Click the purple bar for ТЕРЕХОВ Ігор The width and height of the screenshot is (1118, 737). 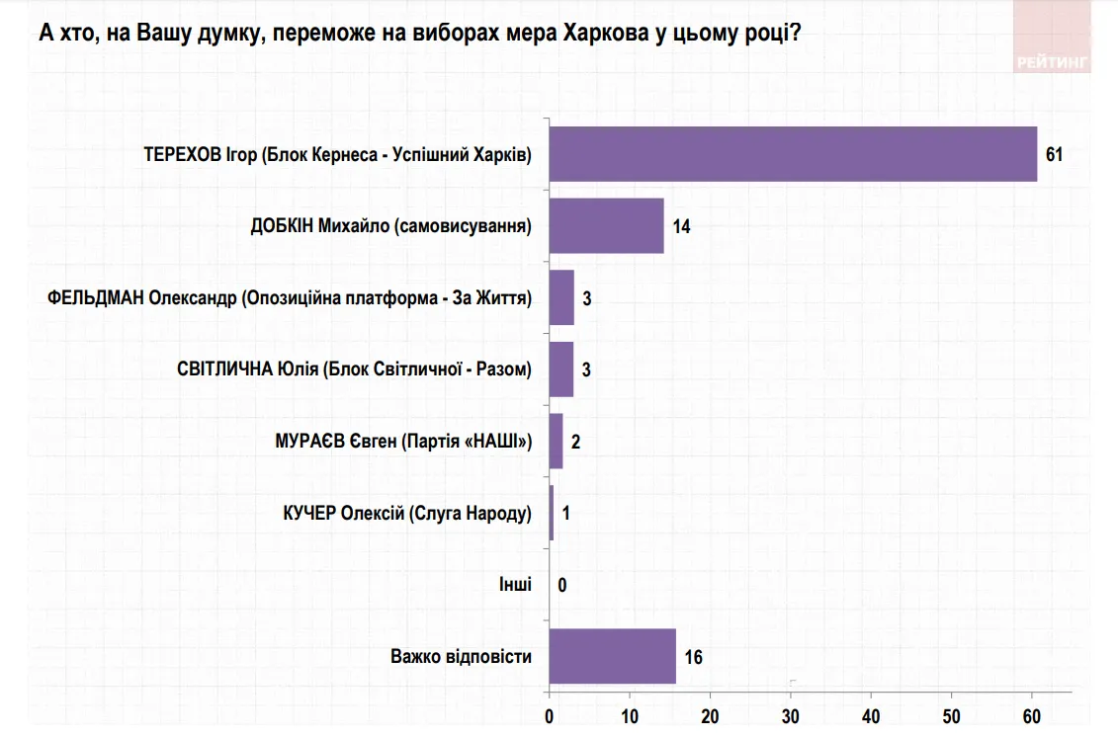(793, 154)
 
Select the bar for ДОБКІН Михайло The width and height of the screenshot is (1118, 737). (606, 226)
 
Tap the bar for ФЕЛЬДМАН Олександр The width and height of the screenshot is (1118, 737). (561, 297)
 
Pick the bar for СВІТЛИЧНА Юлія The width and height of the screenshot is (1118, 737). (561, 369)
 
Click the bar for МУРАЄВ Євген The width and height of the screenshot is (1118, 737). (556, 441)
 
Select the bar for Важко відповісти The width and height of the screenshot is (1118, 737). (612, 656)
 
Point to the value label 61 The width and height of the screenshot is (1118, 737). (1054, 155)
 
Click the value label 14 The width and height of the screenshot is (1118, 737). (680, 226)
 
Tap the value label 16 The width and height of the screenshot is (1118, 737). (693, 657)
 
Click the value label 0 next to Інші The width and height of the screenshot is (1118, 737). (562, 585)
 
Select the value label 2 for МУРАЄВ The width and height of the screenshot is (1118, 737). (575, 442)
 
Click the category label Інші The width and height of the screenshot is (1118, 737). (515, 584)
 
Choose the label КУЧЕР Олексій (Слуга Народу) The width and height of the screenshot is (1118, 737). (407, 513)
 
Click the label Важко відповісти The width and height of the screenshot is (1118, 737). (461, 656)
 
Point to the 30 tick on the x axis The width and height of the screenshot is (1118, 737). (791, 715)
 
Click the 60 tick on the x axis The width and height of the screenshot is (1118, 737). (1032, 715)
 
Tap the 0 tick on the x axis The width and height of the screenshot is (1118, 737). (550, 715)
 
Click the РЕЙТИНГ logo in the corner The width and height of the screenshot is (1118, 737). (1053, 61)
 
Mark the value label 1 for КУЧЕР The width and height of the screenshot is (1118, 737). (565, 513)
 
